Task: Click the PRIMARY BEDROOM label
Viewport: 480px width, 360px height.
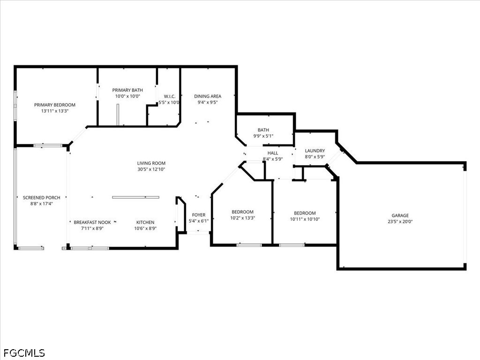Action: point(54,105)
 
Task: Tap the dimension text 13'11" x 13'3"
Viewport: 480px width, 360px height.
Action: point(54,111)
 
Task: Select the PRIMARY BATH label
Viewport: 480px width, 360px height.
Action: point(127,90)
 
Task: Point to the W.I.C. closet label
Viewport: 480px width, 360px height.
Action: point(169,96)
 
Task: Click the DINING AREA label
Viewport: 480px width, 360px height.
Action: point(208,96)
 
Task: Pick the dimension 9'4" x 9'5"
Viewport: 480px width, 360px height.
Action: point(208,102)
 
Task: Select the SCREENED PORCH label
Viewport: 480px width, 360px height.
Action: point(41,198)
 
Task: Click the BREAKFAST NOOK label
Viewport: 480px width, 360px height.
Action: point(92,222)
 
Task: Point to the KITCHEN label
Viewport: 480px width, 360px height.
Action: point(145,222)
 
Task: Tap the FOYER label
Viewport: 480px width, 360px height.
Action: point(199,215)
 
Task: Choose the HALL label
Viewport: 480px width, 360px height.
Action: point(273,153)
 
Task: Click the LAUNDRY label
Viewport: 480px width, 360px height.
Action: point(315,150)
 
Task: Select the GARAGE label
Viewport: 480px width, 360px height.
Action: point(400,216)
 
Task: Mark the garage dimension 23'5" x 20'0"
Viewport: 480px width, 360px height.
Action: point(400,222)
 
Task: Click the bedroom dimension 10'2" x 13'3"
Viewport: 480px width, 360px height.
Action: point(242,218)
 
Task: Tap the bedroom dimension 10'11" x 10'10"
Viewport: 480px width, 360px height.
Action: point(305,219)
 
